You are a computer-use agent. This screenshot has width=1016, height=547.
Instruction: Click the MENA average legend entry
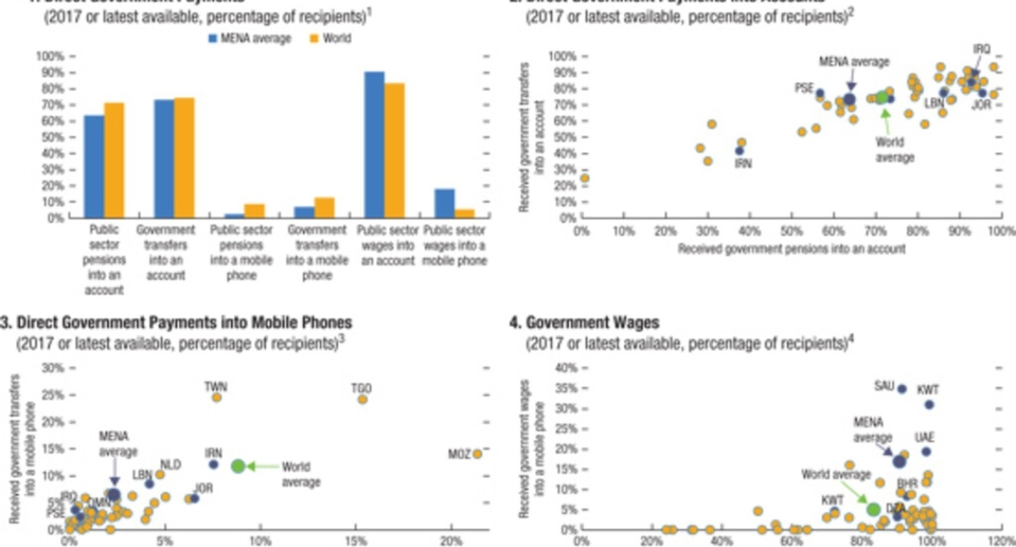click(x=252, y=38)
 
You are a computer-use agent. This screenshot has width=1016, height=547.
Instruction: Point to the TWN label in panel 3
click(x=215, y=386)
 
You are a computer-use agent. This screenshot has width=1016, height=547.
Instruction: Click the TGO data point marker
click(x=362, y=399)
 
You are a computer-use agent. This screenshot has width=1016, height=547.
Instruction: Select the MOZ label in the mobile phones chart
click(x=459, y=454)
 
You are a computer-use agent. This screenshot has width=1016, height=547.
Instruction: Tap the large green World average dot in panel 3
click(x=238, y=466)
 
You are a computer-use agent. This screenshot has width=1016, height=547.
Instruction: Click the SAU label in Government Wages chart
click(x=884, y=385)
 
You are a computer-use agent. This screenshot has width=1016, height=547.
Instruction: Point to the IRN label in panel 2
click(x=743, y=163)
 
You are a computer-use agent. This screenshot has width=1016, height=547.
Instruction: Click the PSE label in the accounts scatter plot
click(x=803, y=87)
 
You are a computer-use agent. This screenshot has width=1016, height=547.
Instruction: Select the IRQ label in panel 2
click(x=981, y=49)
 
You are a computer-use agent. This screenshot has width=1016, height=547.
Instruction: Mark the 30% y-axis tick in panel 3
click(x=55, y=367)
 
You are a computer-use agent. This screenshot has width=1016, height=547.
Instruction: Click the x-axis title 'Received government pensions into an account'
click(x=791, y=249)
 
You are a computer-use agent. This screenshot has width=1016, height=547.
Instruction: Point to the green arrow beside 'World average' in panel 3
click(x=264, y=466)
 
